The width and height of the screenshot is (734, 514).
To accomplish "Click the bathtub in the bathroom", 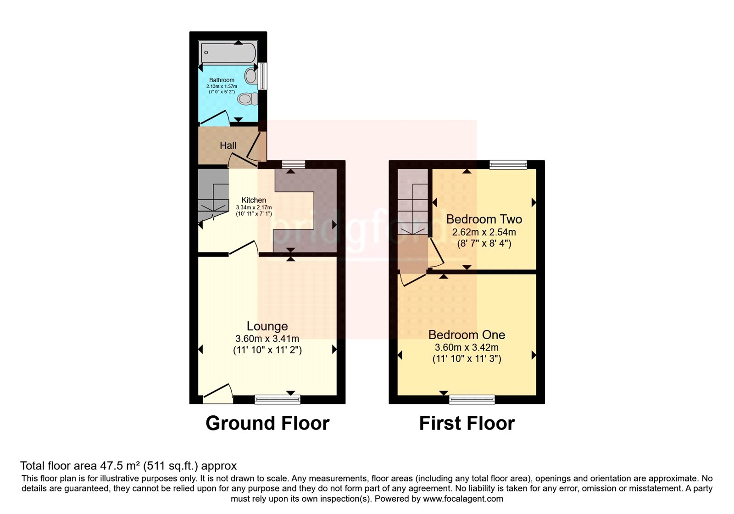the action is (x=228, y=52).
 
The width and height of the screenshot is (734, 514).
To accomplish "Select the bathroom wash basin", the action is (x=251, y=76).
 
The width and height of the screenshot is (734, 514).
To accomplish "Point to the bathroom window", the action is (x=262, y=76).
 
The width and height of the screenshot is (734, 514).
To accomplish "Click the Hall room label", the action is (x=228, y=145).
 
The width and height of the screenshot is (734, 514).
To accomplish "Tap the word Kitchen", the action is (x=254, y=200).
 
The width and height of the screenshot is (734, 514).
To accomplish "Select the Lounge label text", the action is (x=267, y=326).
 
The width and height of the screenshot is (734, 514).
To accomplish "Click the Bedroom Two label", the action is (x=484, y=219).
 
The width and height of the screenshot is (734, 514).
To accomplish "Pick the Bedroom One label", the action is (x=467, y=335).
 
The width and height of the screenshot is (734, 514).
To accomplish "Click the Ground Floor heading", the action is (x=267, y=423).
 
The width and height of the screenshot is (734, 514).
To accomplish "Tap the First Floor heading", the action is (x=467, y=423).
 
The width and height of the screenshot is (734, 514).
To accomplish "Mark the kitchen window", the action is (x=294, y=164).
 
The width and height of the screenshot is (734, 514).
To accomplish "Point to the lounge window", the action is (x=278, y=399).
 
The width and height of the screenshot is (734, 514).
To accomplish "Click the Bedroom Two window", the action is (x=508, y=164).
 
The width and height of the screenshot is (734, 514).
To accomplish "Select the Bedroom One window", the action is (x=472, y=399).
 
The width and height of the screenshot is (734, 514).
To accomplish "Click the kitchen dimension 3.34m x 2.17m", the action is (x=254, y=207).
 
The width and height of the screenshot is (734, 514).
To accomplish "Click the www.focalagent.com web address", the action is (x=463, y=499).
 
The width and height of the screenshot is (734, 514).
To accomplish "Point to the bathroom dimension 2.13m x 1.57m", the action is (x=222, y=86).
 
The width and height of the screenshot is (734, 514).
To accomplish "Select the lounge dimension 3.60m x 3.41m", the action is (x=267, y=338).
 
